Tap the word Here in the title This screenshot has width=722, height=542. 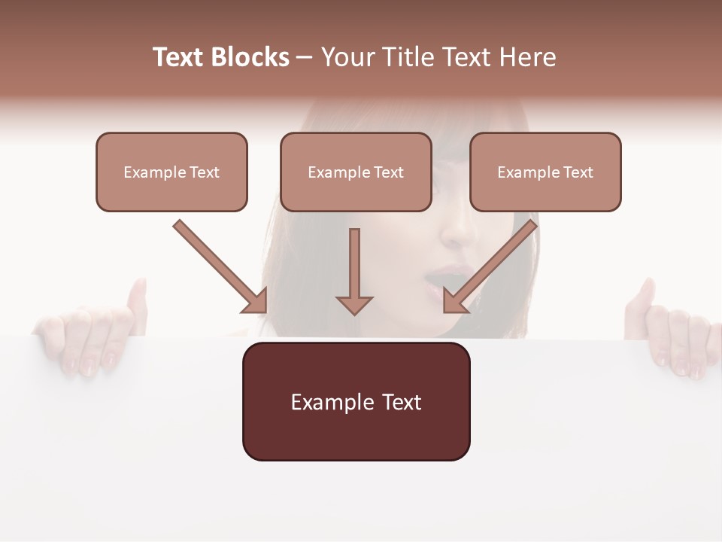[526, 57]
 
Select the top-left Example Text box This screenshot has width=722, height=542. [171, 172]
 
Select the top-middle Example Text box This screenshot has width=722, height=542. [356, 172]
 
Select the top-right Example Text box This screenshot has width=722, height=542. [545, 172]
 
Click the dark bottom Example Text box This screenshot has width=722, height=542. [356, 401]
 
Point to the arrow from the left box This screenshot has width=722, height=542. [220, 266]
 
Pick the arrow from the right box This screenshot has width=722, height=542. [490, 266]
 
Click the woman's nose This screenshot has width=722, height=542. [455, 230]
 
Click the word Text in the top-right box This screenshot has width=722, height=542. [578, 172]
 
